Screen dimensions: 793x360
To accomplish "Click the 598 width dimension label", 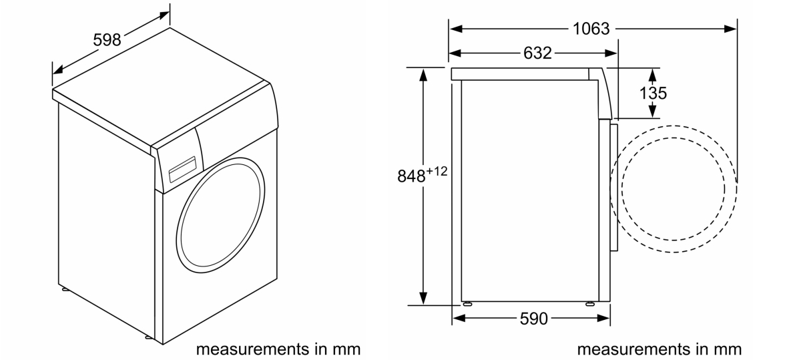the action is tap(107, 39).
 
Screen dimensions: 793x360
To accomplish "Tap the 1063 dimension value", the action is tap(591, 29).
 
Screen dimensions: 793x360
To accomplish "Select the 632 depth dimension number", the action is tap(537, 53).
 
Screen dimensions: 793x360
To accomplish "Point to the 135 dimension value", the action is tap(653, 93).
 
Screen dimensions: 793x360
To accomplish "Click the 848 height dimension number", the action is tap(411, 176).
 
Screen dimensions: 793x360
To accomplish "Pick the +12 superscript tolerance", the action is tap(437, 172).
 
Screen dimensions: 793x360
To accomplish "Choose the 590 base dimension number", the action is tap(534, 319).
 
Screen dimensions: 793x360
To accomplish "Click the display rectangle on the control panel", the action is tap(182, 168).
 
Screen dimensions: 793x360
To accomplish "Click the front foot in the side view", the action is tap(590, 304).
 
